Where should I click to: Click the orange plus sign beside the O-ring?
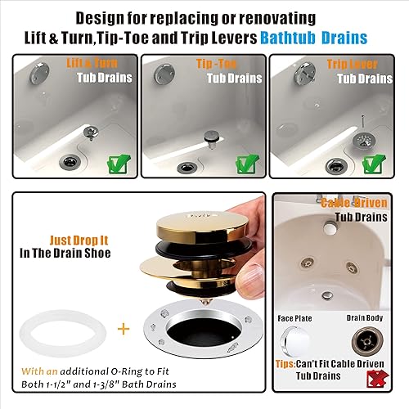[124, 329]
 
